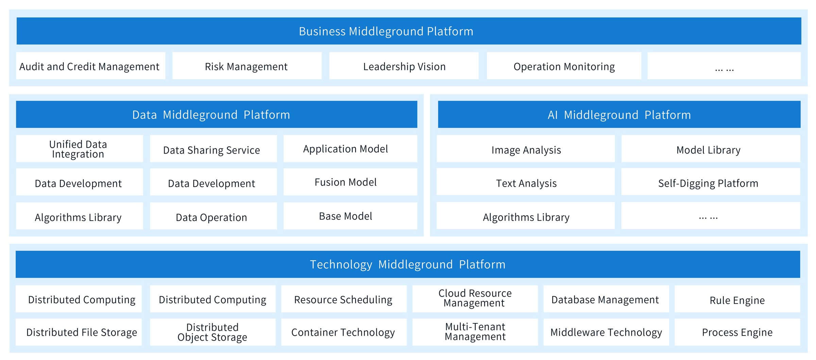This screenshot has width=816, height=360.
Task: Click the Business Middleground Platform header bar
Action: (x=409, y=31)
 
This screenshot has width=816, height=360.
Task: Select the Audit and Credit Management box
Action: (x=91, y=66)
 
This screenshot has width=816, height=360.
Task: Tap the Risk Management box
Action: (x=247, y=66)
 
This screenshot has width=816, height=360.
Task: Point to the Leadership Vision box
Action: (x=404, y=66)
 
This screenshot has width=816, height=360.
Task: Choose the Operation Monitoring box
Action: (x=564, y=66)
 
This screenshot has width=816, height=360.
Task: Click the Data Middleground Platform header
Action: (x=217, y=115)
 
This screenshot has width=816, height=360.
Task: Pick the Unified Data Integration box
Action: (x=80, y=149)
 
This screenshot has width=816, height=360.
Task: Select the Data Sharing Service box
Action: (x=213, y=149)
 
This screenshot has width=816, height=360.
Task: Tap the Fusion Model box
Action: (x=350, y=182)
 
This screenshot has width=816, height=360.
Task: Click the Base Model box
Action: (x=350, y=216)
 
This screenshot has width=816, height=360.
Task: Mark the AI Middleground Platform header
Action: (x=619, y=115)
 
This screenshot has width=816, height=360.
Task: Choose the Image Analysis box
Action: (x=526, y=149)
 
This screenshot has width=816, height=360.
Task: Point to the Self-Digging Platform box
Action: (x=711, y=182)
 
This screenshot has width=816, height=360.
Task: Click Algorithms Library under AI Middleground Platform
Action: (x=526, y=216)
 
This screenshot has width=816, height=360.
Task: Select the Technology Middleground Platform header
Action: (x=408, y=264)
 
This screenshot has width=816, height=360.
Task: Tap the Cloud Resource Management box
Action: (x=475, y=299)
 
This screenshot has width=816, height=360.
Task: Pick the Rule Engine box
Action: (x=737, y=299)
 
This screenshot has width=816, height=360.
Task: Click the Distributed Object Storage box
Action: (x=213, y=332)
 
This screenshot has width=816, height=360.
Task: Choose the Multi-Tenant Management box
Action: (x=475, y=332)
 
